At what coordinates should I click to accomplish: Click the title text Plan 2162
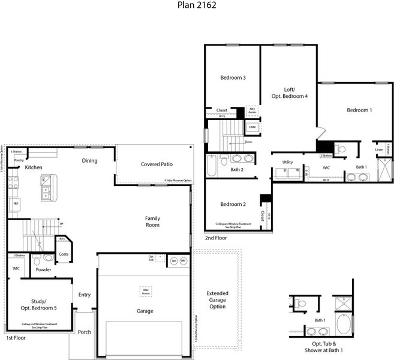tap(197, 5)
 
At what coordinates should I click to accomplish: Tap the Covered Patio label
tap(157, 164)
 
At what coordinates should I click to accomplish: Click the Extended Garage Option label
tap(217, 299)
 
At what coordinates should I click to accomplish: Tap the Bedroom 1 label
tap(359, 110)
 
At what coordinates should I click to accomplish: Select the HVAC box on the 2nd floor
tap(252, 128)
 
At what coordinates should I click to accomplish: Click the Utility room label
tap(288, 162)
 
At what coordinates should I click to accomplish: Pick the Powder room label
tap(43, 269)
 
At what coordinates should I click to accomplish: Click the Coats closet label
tap(64, 254)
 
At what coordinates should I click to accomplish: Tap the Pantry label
tap(19, 160)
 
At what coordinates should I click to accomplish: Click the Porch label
tap(85, 332)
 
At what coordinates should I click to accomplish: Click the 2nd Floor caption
tap(215, 238)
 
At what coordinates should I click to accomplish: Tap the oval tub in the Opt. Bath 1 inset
tap(344, 325)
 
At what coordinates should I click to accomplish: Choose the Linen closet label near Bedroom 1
tap(379, 149)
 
